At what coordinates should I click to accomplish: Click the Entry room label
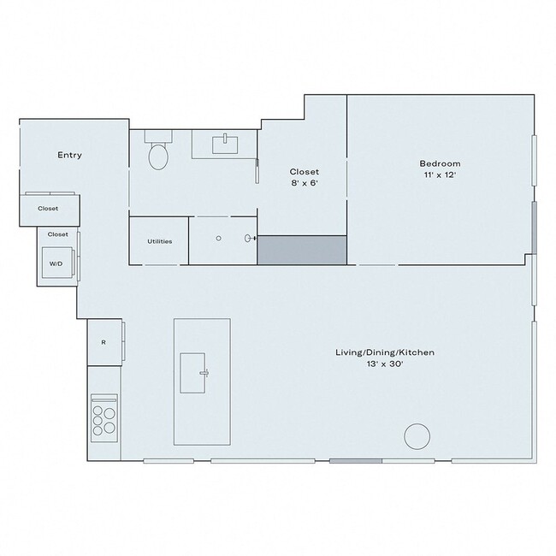[x=69, y=155]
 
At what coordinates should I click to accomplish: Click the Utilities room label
[x=159, y=241]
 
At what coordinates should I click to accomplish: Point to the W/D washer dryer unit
[x=57, y=263]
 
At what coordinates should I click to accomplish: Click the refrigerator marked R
[x=104, y=342]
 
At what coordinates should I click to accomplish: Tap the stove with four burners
[x=104, y=419]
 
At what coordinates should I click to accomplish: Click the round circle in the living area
[x=417, y=436]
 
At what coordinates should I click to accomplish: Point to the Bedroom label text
[x=440, y=163]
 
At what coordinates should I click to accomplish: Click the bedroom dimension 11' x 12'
[x=440, y=175]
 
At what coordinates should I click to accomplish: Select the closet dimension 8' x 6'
[x=305, y=183]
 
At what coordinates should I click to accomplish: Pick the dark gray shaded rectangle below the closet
[x=302, y=251]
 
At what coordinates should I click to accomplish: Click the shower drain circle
[x=219, y=239]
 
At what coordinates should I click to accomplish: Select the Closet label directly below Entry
[x=48, y=208]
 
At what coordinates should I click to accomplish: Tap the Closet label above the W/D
[x=58, y=234]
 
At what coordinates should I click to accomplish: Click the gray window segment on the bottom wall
[x=356, y=462]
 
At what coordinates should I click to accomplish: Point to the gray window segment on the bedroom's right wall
[x=535, y=228]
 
